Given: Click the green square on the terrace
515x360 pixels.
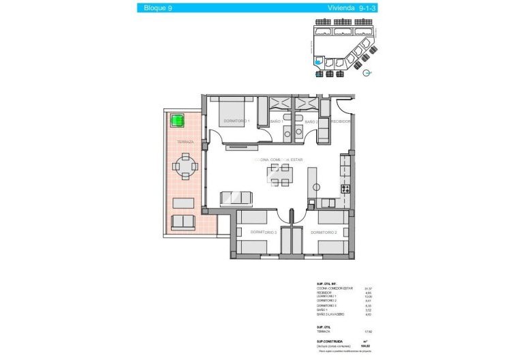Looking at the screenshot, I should coord(178,121).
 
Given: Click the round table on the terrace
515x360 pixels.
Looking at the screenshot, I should coord(185,165).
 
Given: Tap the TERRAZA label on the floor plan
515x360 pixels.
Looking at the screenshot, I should coord(185,142).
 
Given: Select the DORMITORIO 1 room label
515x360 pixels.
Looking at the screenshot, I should coord(236,121).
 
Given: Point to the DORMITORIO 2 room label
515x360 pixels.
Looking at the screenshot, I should coord(324,232).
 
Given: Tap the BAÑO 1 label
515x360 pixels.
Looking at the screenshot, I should coord(276,121).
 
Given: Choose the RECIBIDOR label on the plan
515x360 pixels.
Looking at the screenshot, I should coord(340,121).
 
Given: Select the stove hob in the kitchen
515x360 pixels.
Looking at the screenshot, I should coord(345,189).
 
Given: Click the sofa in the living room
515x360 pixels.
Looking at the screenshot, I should coord(236,198).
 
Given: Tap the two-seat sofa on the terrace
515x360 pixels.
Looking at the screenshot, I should coord(183,222).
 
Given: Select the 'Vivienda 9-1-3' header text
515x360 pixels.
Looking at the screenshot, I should coord(342,8).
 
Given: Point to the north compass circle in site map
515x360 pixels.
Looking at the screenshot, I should coord(366,73).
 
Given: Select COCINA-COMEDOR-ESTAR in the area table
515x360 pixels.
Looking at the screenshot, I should coord(336,288).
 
